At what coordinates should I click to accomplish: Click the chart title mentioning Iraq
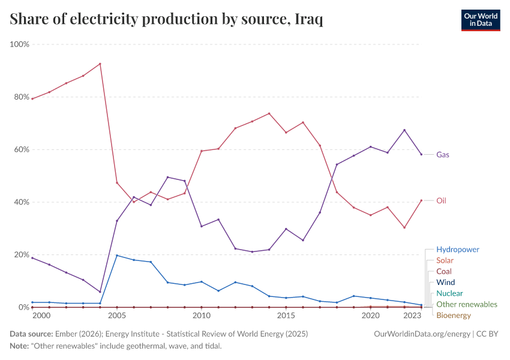[167, 20]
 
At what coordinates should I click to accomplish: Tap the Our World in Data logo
[480, 20]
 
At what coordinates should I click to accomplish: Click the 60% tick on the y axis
[22, 149]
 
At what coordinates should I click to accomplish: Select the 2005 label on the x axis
[116, 316]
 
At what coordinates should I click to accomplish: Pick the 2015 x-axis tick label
[286, 316]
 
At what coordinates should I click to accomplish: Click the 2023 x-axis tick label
[412, 316]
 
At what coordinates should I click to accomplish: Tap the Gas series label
[443, 154]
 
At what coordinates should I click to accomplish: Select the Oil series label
[441, 200]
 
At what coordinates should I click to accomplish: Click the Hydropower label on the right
[458, 249]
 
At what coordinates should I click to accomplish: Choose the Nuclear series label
[449, 293]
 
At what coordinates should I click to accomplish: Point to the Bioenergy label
[454, 315]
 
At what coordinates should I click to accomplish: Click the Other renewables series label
[467, 304]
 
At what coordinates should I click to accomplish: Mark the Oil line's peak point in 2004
[100, 64]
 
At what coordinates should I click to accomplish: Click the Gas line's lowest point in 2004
[100, 292]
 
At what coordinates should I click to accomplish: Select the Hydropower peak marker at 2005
[116, 256]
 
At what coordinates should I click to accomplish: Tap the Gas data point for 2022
[387, 152]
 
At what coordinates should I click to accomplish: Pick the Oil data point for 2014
[269, 113]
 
